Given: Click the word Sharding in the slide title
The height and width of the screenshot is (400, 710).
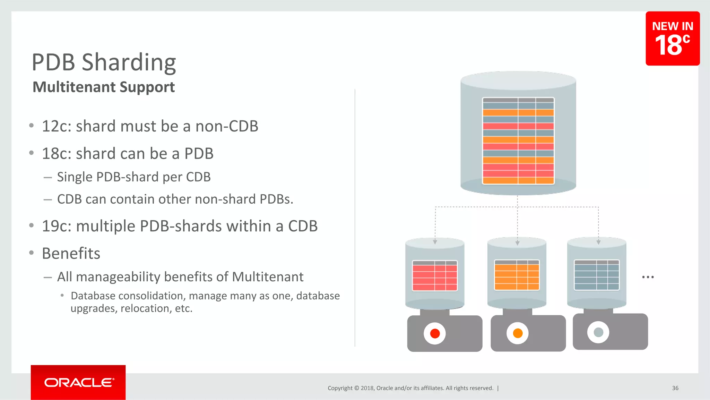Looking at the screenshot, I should (129, 63).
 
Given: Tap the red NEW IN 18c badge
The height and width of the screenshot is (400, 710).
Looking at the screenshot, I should (672, 39).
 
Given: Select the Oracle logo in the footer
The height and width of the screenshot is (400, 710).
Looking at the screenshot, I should (78, 382).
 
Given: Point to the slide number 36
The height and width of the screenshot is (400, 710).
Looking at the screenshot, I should (675, 388).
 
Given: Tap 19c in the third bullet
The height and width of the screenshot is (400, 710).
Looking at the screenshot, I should (56, 226).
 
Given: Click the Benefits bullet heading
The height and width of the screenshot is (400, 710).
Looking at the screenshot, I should (71, 254).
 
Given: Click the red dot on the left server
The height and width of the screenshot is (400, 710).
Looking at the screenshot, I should (435, 333).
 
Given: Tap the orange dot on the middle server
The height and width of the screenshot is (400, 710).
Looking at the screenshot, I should (518, 333).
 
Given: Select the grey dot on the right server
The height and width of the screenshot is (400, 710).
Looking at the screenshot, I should (598, 332).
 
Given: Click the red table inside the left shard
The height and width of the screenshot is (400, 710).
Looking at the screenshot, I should (435, 275).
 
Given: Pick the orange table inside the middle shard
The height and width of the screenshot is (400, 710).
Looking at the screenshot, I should (517, 275).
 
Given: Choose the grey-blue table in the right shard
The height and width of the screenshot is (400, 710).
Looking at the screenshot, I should (596, 275).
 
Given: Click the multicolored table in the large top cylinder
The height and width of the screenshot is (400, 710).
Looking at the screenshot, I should (518, 141).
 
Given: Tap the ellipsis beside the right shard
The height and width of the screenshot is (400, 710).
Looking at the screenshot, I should (648, 277).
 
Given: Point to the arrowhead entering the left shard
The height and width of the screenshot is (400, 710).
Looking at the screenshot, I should (435, 242).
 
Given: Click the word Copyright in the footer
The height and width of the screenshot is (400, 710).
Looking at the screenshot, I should (340, 388).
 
